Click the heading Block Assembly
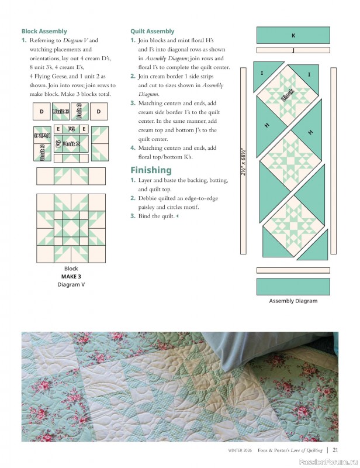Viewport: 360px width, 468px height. click(44, 31)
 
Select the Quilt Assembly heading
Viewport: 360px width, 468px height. click(152, 31)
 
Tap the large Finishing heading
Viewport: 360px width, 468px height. click(151, 170)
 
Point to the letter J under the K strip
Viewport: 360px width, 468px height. click(293, 51)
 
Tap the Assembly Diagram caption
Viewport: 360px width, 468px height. click(293, 301)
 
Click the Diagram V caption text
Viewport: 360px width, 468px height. click(71, 284)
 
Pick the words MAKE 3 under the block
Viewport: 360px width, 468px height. click(71, 277)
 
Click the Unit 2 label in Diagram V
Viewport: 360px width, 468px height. click(71, 143)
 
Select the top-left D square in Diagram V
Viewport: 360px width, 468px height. click(41, 111)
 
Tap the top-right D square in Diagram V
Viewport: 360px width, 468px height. click(99, 111)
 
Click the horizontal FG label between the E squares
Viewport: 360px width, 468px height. click(71, 129)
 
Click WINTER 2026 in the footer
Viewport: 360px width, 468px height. click(240, 450)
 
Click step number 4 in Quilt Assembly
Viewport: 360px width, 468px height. click(133, 148)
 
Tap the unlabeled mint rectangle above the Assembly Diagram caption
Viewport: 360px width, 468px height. click(293, 286)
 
